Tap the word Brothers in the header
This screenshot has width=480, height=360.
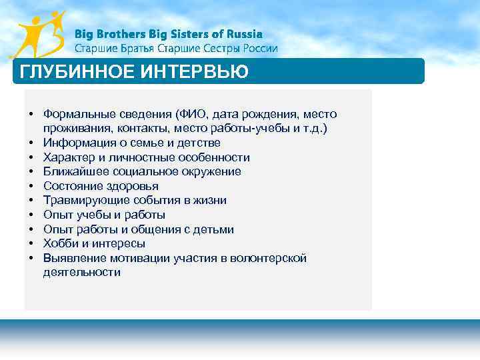tap(119, 34)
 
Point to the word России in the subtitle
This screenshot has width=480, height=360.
tap(257, 49)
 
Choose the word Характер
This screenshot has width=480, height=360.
tap(68, 157)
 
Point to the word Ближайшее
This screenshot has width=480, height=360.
tap(73, 171)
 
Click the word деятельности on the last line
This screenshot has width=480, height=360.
tap(81, 273)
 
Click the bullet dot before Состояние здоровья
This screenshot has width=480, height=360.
tap(31, 186)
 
